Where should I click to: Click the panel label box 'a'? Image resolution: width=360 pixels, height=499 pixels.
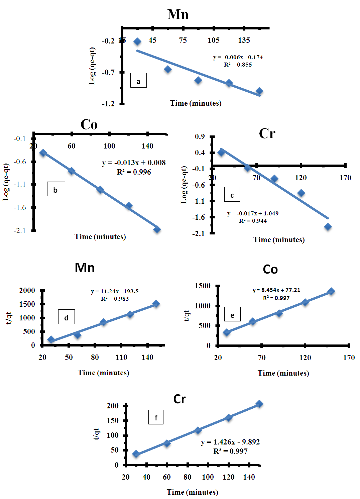tap(138, 80)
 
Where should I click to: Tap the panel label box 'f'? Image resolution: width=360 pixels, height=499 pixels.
tap(156, 417)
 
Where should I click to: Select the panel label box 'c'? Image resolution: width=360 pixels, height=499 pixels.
tap(232, 194)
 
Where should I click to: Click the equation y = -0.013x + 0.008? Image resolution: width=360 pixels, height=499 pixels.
tap(134, 163)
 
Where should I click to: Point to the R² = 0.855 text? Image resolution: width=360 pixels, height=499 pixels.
tap(238, 65)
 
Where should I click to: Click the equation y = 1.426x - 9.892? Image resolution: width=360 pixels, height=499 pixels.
tap(230, 442)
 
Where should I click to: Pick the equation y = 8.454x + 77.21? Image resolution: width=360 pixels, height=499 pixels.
tap(276, 290)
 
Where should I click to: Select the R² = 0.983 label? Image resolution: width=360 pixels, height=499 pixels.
tap(115, 299)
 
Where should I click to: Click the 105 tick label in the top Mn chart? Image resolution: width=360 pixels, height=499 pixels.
tap(214, 40)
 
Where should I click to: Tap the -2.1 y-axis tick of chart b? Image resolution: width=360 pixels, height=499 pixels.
tap(19, 230)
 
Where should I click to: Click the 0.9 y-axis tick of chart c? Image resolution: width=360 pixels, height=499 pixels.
tap(200, 136)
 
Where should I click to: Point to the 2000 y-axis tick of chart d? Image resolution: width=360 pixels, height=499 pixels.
tap(27, 290)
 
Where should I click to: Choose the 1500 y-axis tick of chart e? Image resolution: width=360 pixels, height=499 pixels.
tap(203, 286)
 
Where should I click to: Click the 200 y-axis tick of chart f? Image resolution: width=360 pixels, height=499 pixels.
tap(113, 406)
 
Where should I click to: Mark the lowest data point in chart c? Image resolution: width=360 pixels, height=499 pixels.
tap(328, 227)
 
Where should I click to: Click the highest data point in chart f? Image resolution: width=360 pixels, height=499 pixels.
tap(259, 404)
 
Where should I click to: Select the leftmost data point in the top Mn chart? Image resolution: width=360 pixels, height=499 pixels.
tap(137, 41)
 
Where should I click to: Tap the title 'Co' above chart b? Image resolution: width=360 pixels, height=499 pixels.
tap(89, 124)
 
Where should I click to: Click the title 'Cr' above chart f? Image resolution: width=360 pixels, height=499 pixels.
tap(179, 399)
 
